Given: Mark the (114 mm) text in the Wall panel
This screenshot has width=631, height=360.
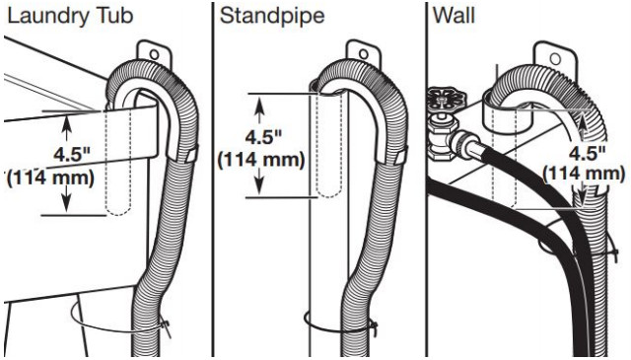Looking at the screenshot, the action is click(x=585, y=173).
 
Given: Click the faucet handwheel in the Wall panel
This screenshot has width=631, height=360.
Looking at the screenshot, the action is click(x=445, y=101).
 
